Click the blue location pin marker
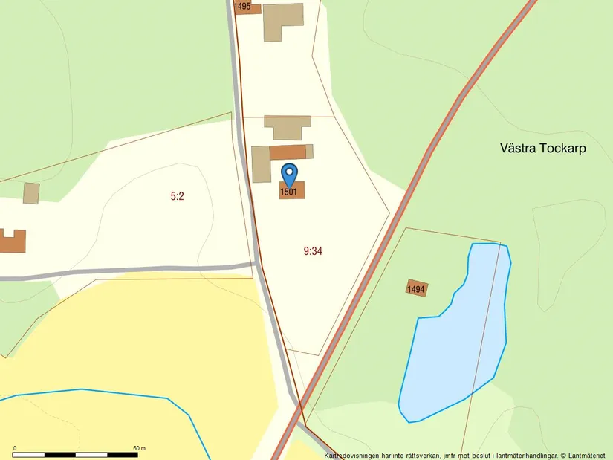click(289, 173)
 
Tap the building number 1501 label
click(289, 192)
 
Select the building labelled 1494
click(416, 289)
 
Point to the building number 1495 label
click(242, 7)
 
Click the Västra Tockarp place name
click(543, 148)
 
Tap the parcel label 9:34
click(313, 251)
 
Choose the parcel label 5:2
click(177, 196)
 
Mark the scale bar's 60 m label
click(139, 448)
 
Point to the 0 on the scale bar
click(15, 448)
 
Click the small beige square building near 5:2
click(31, 193)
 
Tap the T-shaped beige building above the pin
click(287, 126)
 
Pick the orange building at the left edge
click(12, 242)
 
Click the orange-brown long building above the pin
click(288, 152)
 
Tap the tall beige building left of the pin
click(261, 164)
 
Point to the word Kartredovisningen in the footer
click(356, 455)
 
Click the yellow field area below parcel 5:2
click(134, 349)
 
